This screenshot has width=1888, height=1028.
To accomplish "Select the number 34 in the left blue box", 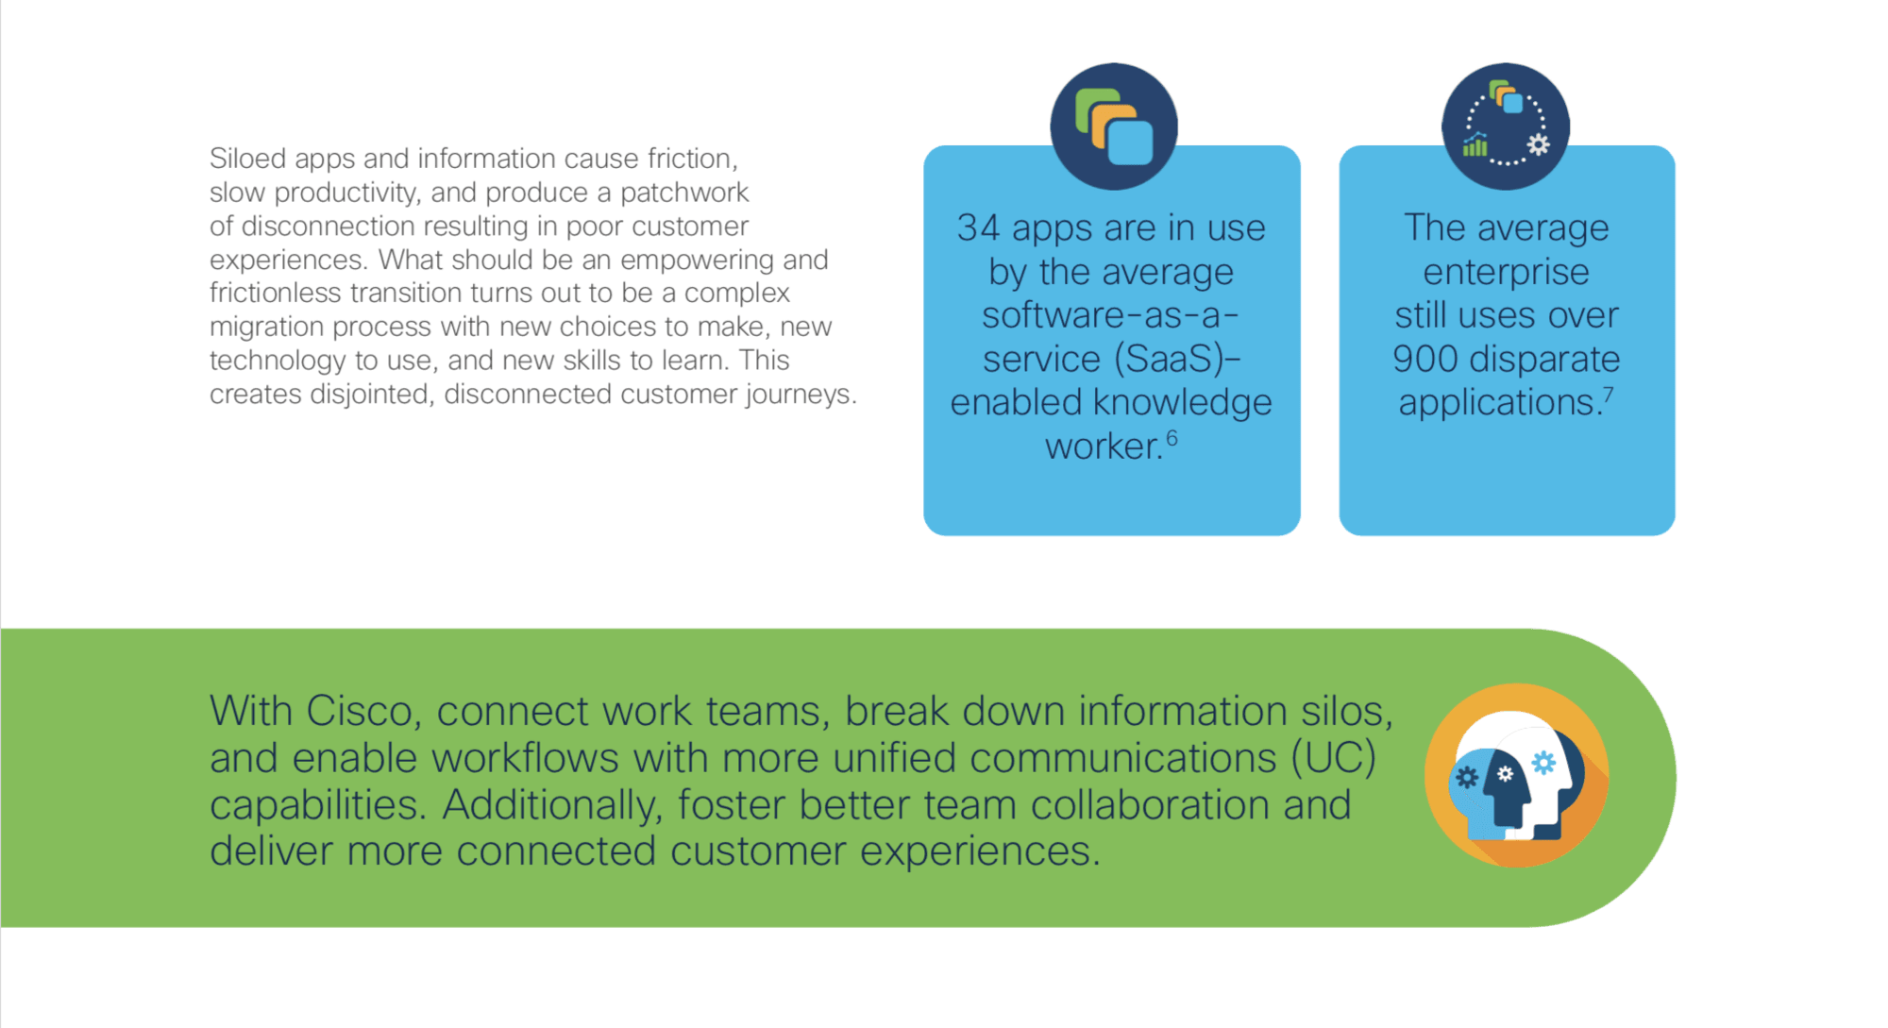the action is pyautogui.click(x=978, y=228).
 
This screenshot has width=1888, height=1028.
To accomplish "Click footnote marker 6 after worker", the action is pyautogui.click(x=1172, y=437).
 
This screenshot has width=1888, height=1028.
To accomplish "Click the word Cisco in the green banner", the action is pyautogui.click(x=362, y=711).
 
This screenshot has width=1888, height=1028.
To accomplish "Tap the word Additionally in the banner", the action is pyautogui.click(x=549, y=804).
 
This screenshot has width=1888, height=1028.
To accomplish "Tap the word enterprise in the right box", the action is pyautogui.click(x=1507, y=272).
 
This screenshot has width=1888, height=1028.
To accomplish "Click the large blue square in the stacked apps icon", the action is pyautogui.click(x=1130, y=143).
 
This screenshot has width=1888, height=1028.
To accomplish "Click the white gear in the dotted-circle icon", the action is pyautogui.click(x=1539, y=144).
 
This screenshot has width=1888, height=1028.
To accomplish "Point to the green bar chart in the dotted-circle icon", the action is pyautogui.click(x=1475, y=145).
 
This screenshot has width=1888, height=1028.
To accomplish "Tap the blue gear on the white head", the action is pyautogui.click(x=1543, y=763).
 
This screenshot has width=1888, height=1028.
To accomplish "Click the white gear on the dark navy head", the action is pyautogui.click(x=1505, y=774).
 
